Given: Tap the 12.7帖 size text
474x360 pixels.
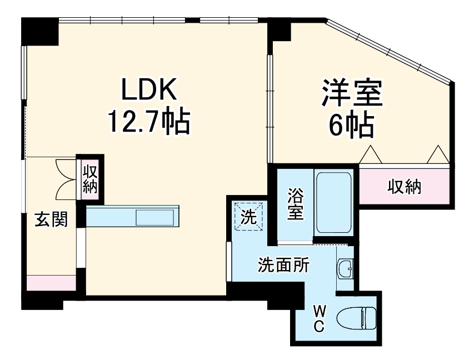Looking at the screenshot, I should pyautogui.click(x=149, y=122).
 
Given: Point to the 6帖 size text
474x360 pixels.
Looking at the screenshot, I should pyautogui.click(x=351, y=126).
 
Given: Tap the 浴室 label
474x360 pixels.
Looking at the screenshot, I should pyautogui.click(x=295, y=204).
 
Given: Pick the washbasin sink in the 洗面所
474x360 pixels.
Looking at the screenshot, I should pyautogui.click(x=345, y=269).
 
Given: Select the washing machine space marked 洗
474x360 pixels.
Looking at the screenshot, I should pyautogui.click(x=248, y=217).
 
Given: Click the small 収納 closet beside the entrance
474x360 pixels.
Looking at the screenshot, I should pyautogui.click(x=90, y=178).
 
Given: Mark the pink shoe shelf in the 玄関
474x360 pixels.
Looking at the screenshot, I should pyautogui.click(x=51, y=282).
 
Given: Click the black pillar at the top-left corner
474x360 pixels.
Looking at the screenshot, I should pyautogui.click(x=39, y=31).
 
